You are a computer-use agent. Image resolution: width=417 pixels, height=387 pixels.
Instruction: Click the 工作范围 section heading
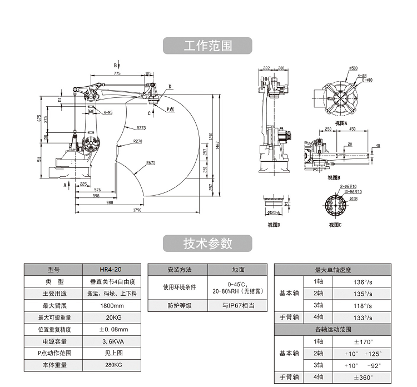click(x=207, y=46)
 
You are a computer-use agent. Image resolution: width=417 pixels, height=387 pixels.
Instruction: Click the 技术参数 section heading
click(x=207, y=243)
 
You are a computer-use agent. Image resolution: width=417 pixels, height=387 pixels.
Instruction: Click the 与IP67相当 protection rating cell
click(x=238, y=305)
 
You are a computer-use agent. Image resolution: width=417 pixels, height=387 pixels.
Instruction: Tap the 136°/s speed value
click(x=363, y=281)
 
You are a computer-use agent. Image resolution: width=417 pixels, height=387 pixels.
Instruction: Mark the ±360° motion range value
click(x=363, y=378)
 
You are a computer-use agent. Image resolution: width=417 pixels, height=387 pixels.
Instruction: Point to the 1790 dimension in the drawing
click(x=137, y=210)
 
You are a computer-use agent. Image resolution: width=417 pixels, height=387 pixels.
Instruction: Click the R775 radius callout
click(x=140, y=127)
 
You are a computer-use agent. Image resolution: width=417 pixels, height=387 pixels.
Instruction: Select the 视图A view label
click(x=341, y=123)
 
